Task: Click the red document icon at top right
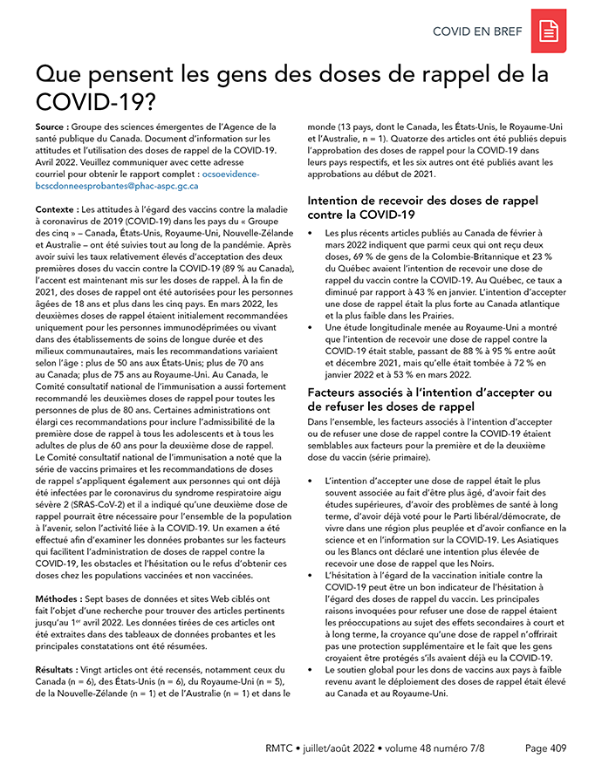(550, 31)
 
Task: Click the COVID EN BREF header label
(477, 32)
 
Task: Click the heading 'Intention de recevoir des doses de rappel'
(422, 200)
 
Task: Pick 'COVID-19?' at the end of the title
(95, 102)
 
